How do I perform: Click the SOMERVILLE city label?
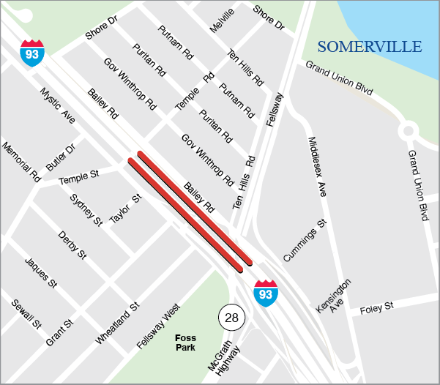(370, 47)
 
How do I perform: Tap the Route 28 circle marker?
(232, 317)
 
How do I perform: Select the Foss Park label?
(186, 343)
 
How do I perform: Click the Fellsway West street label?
(159, 328)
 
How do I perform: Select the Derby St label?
(72, 244)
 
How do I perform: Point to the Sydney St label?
(86, 209)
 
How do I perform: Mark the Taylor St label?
(125, 209)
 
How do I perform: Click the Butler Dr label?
(61, 157)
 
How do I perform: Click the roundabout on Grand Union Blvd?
(409, 131)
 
